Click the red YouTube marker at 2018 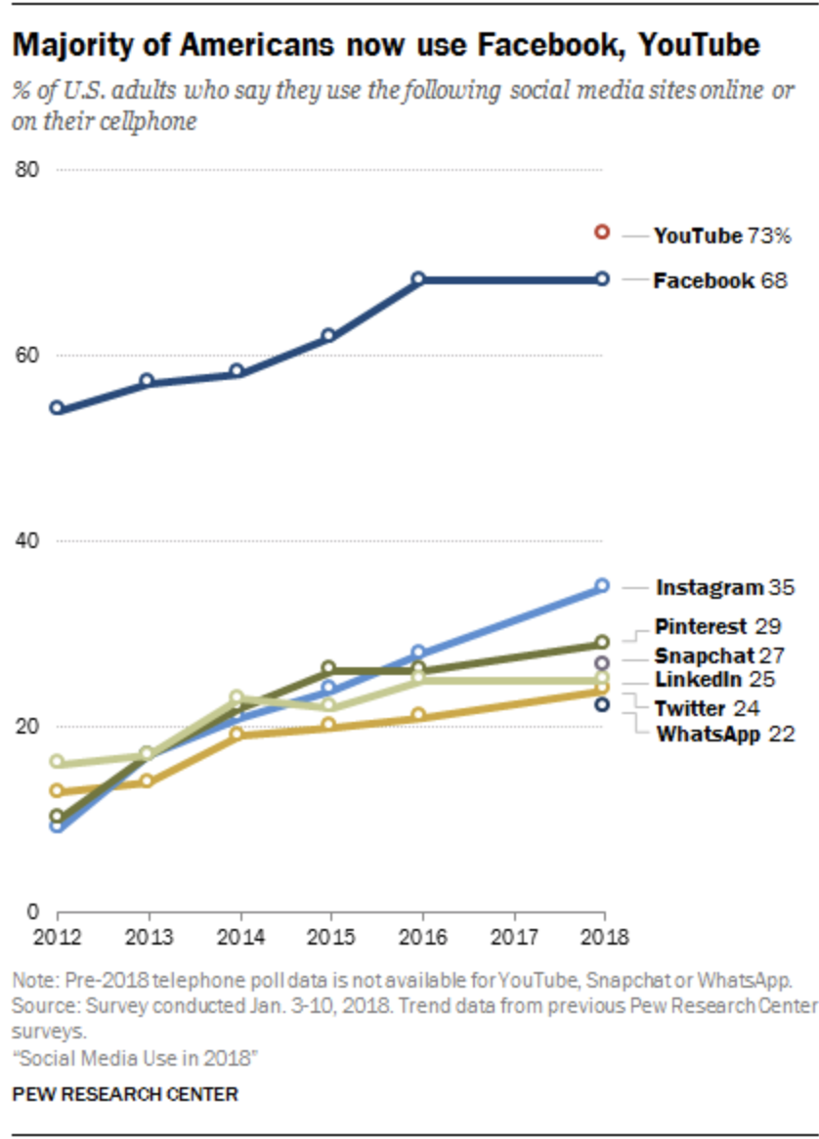pyautogui.click(x=602, y=232)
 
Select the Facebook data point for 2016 pyautogui.click(x=418, y=278)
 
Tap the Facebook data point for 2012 pyautogui.click(x=58, y=407)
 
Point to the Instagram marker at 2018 pyautogui.click(x=602, y=585)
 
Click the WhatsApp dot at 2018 pyautogui.click(x=602, y=704)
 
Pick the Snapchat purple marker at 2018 pyautogui.click(x=602, y=663)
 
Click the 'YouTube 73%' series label pyautogui.click(x=721, y=235)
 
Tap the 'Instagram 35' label pyautogui.click(x=724, y=588)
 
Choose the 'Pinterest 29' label pyautogui.click(x=717, y=625)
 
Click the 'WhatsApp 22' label pyautogui.click(x=724, y=735)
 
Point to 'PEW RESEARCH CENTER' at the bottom pyautogui.click(x=124, y=1094)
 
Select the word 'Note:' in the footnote pyautogui.click(x=32, y=980)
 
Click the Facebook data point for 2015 pyautogui.click(x=328, y=335)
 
